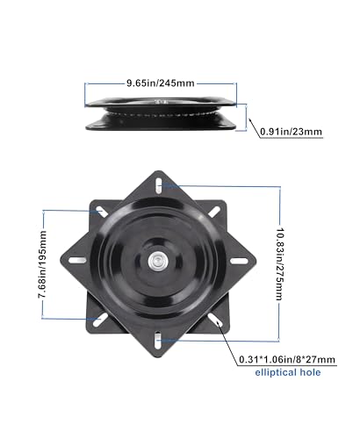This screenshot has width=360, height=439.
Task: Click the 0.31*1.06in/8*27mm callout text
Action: [289, 359]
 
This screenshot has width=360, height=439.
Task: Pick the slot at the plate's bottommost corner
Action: [156, 336]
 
